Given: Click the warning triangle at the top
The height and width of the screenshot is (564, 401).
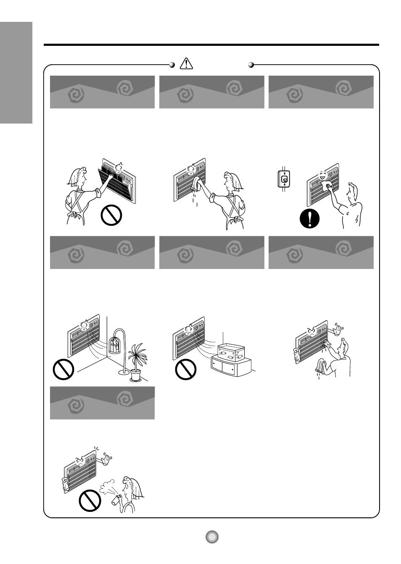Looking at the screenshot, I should [186, 63].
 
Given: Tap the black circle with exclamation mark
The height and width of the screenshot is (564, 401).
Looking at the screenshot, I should [310, 219].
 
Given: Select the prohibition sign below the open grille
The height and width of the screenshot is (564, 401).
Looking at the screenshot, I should [111, 216].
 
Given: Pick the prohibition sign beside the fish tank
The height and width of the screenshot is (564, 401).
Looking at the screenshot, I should [185, 369].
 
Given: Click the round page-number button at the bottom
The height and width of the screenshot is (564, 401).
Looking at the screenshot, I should [212, 537].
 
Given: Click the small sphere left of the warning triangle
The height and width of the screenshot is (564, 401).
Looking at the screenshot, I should [171, 65].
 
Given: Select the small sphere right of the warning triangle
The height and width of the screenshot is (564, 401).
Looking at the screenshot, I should [251, 65].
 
